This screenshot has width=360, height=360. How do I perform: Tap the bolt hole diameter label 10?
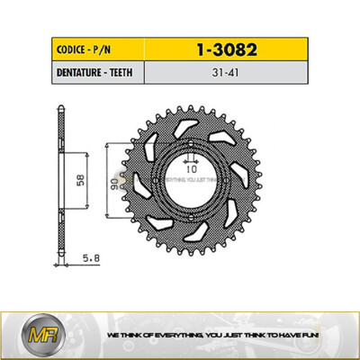point(191,167)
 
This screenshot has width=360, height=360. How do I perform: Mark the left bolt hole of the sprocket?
point(158,178)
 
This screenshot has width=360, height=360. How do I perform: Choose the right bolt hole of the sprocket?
point(225,178)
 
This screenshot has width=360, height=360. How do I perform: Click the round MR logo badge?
point(30,334)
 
